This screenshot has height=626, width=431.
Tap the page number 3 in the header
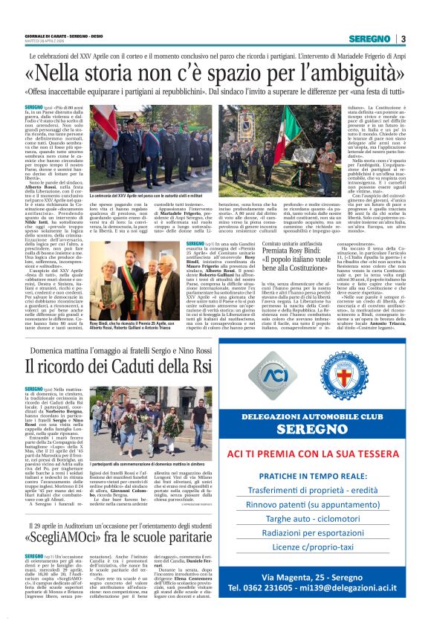[x=402, y=39]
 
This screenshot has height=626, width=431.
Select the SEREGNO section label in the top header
[x=369, y=39]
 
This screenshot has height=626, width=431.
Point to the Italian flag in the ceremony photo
[x=103, y=126]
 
